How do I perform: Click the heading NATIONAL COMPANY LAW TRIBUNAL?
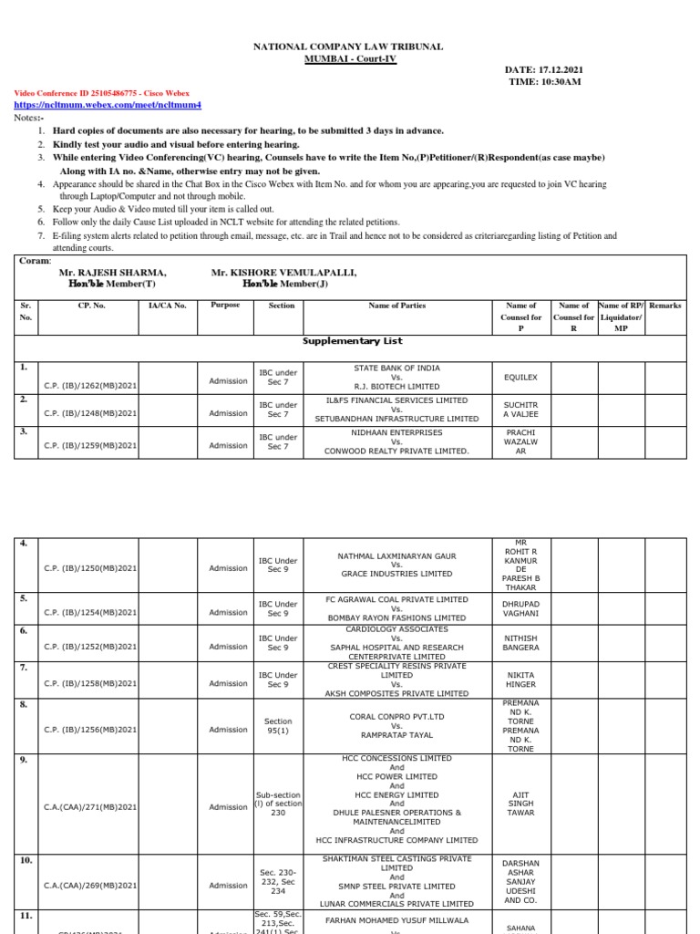tap(349, 47)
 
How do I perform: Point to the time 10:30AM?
tap(544, 82)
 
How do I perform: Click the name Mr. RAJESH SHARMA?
tap(112, 273)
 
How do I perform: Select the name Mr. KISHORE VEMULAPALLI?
tap(283, 273)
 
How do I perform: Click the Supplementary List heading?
tap(352, 341)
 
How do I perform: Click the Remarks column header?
tap(664, 306)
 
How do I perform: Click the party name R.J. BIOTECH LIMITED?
tap(396, 387)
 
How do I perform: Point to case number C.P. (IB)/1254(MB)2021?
tap(90, 613)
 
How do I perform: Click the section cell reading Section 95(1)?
tap(278, 726)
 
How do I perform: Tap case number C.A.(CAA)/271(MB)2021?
tap(90, 807)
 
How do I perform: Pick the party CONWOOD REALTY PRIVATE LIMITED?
tap(396, 451)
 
